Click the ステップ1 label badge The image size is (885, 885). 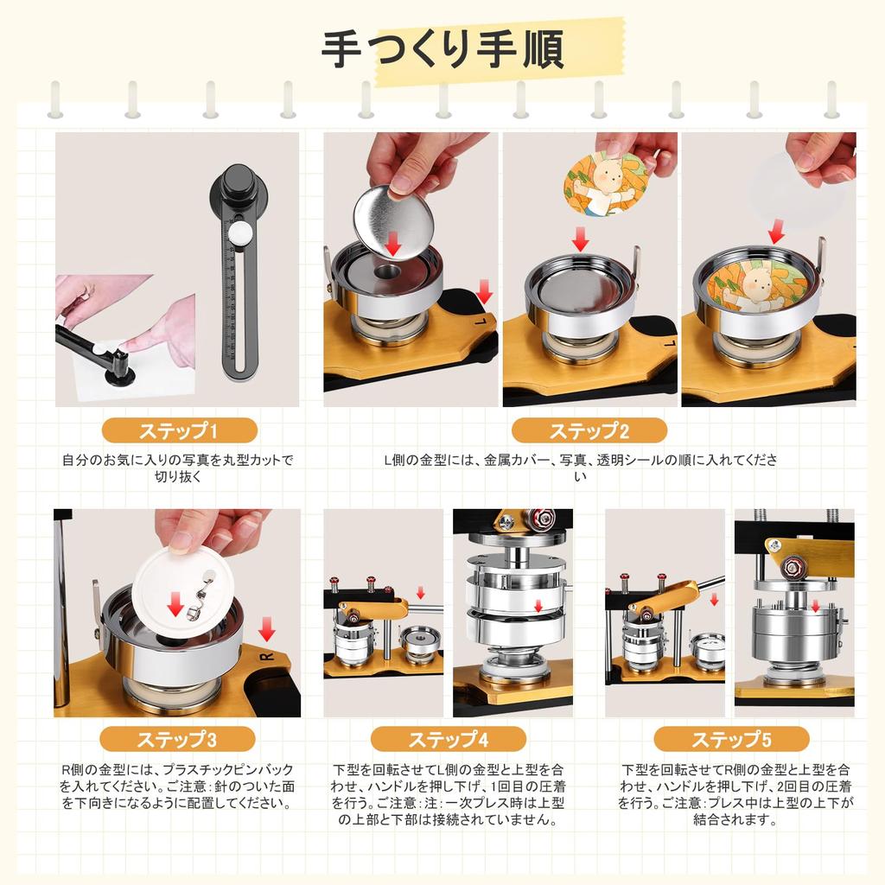pos(179,431)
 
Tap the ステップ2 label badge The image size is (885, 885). pos(589,431)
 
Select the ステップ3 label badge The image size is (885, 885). pos(177,740)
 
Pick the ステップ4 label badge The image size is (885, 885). pos(449,740)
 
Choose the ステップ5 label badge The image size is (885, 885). pos(731,740)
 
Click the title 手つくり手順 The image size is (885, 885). pos(442,49)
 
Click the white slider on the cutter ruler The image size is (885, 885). pos(239,232)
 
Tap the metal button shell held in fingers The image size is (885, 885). pos(393,222)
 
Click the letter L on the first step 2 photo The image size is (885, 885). pos(481,322)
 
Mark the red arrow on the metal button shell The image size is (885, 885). pos(393,243)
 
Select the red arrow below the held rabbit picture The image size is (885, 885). pos(580,239)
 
